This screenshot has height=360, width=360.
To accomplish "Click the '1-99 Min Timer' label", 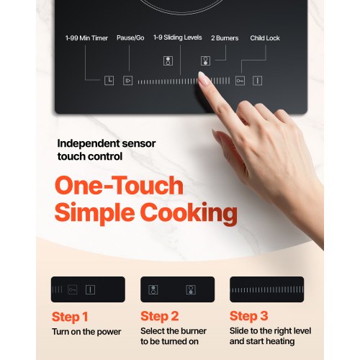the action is tap(86, 38).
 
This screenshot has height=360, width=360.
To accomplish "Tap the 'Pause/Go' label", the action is tap(130, 38).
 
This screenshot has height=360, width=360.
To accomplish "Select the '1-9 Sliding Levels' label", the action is tap(178, 37).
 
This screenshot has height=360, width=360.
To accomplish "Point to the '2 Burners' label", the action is tap(225, 38).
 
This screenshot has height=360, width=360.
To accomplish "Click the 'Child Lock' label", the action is tap(265, 38).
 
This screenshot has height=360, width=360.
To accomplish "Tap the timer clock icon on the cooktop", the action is tap(109, 81).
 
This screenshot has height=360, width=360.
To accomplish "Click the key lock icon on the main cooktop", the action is tap(240, 81).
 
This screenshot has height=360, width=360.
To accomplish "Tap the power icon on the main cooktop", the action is tap(257, 81).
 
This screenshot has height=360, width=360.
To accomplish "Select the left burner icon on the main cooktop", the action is tap(168, 60).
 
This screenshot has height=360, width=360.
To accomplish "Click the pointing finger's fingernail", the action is tap(204, 78).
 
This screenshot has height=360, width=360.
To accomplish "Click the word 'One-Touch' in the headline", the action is tap(119, 185).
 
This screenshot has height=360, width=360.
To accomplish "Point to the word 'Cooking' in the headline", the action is tap(189, 213).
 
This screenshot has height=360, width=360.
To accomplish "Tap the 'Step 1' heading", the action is tap(70, 317).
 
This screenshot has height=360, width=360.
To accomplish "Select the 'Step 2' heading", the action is tap(160, 316).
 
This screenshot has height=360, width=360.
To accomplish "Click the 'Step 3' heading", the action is tap(249, 316).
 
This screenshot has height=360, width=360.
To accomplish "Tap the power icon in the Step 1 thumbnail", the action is tap(90, 289).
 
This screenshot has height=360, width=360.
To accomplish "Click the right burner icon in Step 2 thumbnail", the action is tap(191, 289).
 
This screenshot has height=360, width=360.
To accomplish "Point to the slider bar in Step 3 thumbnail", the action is tap(267, 289).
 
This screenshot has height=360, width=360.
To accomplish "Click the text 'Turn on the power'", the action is tap(86, 332).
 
